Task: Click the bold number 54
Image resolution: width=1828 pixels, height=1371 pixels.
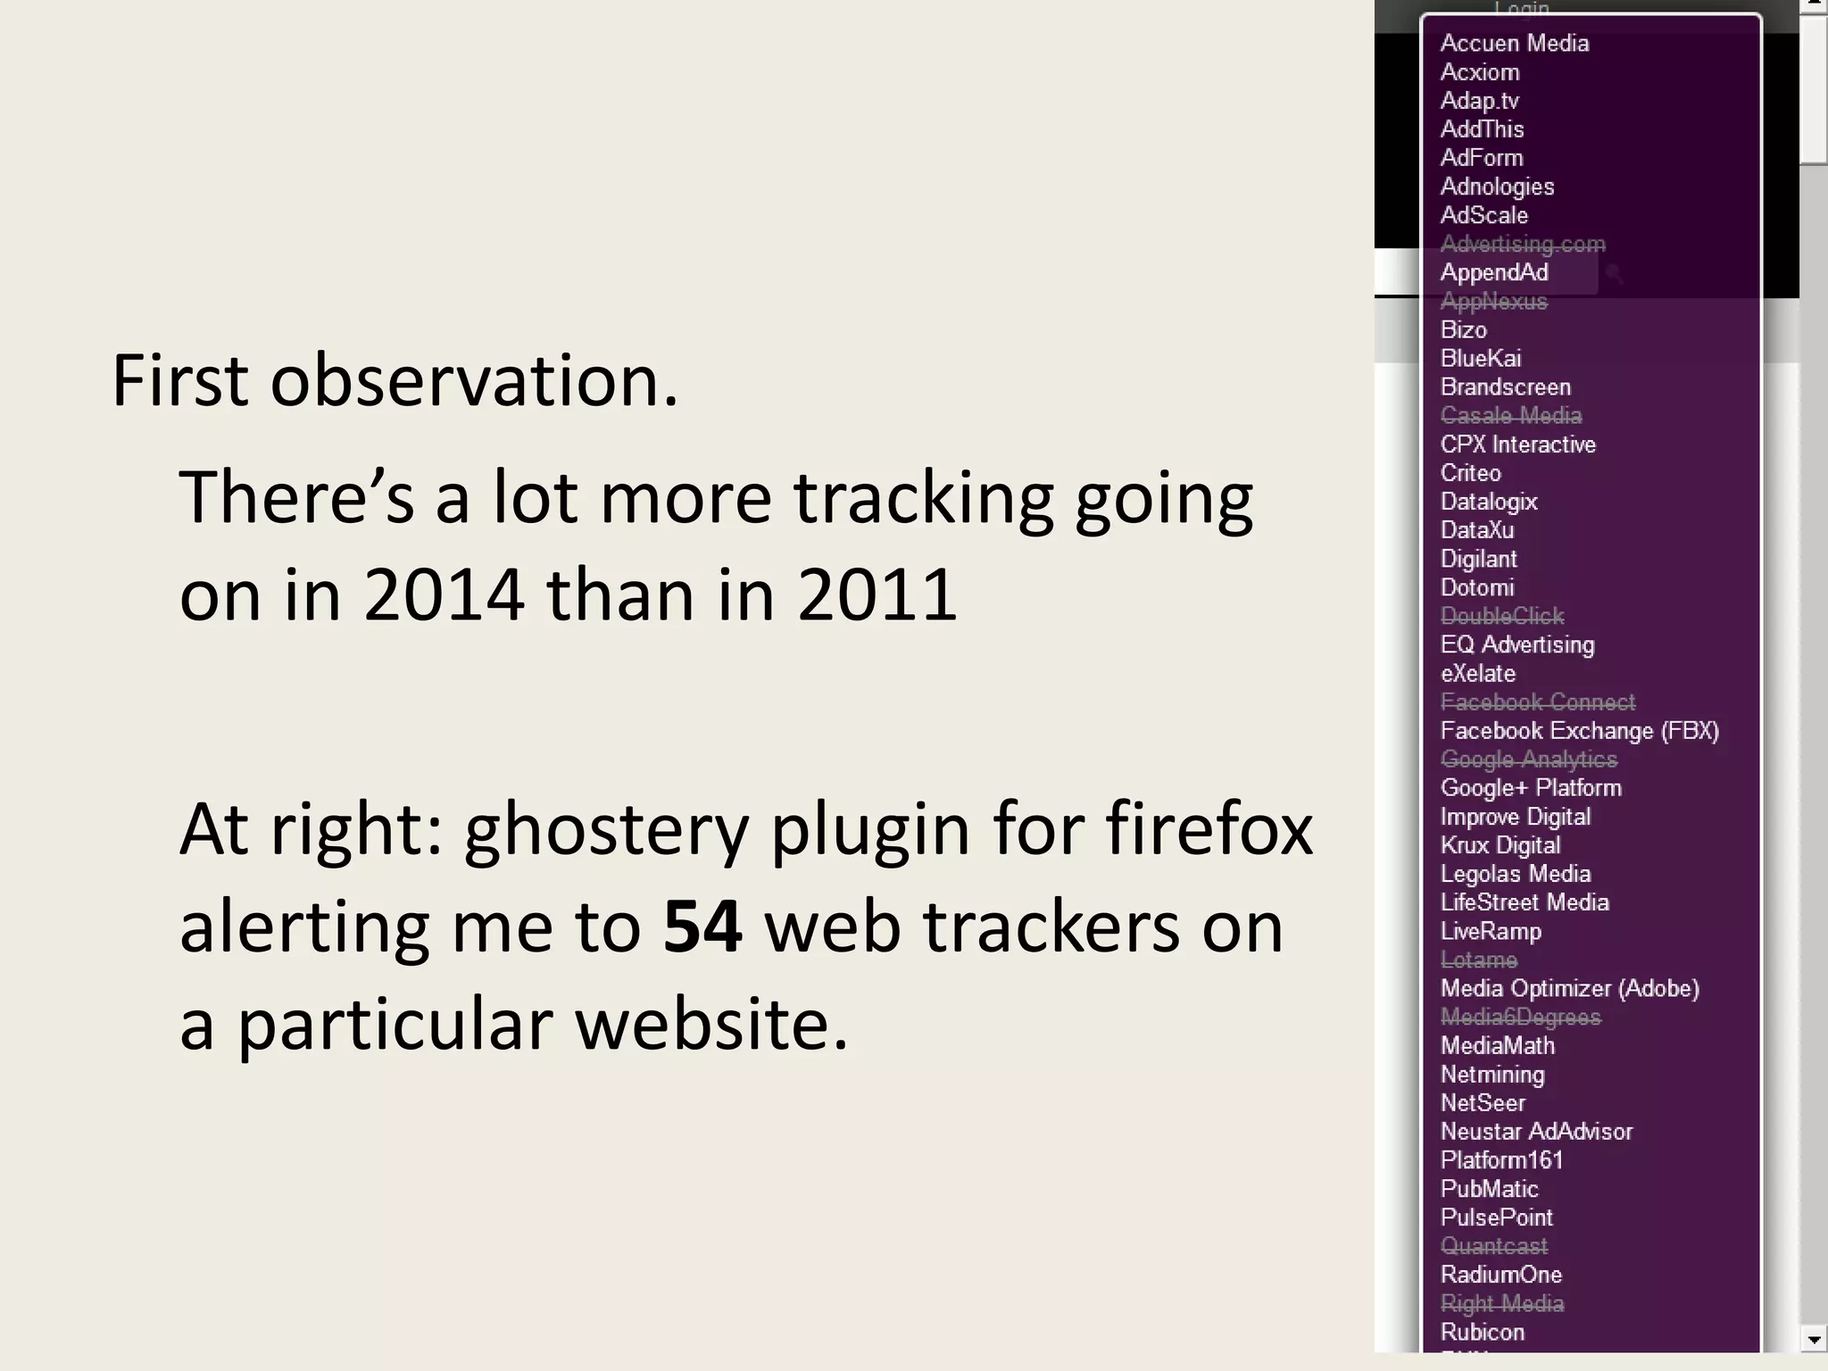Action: coord(702,927)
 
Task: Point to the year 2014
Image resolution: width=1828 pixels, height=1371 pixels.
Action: coord(444,595)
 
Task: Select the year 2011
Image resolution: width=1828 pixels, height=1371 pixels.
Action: coord(877,595)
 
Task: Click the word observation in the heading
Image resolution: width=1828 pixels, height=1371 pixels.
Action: coord(473,381)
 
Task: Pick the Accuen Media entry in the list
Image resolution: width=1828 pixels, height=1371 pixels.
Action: coord(1514,44)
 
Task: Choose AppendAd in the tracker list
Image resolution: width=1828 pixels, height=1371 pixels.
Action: coord(1493,273)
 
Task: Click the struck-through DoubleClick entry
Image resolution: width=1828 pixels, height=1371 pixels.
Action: coord(1501,617)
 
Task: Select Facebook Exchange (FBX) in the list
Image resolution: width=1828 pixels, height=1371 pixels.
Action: coord(1579,731)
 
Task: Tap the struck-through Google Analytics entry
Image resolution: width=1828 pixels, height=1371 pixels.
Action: coord(1528,760)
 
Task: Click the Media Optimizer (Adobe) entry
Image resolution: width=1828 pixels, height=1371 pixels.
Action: coord(1569,989)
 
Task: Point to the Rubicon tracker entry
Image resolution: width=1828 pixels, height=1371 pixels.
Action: coord(1482,1333)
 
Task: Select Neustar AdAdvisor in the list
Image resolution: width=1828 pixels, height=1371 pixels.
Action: coord(1535,1132)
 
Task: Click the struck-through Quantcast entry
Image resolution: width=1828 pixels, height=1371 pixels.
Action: coord(1493,1246)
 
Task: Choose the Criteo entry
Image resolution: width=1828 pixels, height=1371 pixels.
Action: coord(1470,473)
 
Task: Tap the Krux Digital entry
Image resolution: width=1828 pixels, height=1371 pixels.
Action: coord(1500,845)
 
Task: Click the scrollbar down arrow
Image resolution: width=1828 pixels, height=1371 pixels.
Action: coord(1813,1340)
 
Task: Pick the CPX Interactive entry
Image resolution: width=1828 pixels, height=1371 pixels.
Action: coord(1517,445)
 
